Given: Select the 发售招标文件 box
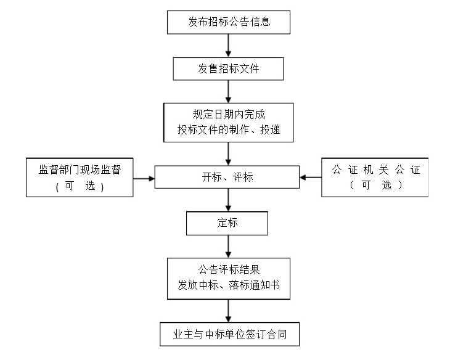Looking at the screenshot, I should [229, 68].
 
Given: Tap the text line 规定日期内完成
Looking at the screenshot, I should [229, 115].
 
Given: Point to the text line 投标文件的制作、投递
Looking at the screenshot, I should [229, 130].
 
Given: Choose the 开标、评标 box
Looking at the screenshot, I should [227, 178].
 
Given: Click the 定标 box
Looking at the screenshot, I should [227, 223].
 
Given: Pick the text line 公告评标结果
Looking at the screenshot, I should [229, 269].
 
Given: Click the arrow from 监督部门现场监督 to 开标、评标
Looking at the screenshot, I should [144, 178].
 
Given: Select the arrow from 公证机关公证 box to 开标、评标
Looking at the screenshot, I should [311, 178].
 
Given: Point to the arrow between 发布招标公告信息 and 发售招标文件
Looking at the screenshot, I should [229, 45].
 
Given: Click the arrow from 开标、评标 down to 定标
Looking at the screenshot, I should [229, 200].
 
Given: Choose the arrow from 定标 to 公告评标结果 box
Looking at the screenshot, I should [229, 246].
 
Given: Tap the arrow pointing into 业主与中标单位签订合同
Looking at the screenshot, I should [229, 310].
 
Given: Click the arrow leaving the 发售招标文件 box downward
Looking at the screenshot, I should [229, 91].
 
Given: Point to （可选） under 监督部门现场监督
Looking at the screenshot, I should [80, 186].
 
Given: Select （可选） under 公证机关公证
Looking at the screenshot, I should [375, 186].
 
